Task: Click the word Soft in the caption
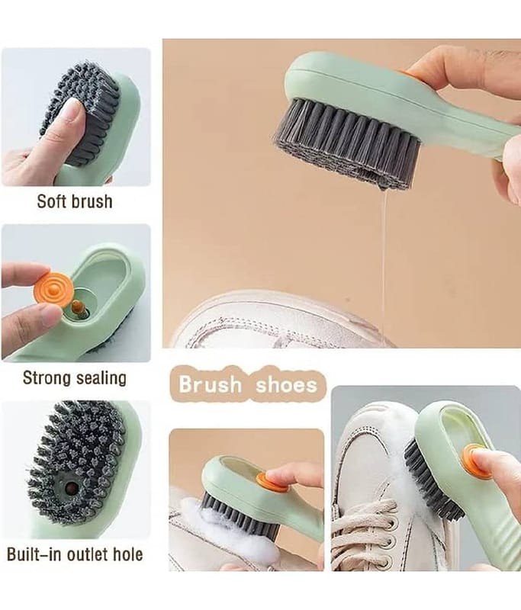pyautogui.click(x=50, y=201)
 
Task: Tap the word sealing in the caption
pyautogui.click(x=101, y=377)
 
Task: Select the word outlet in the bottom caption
pyautogui.click(x=88, y=554)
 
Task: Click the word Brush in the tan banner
pyautogui.click(x=210, y=384)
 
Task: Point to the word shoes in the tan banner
pyautogui.click(x=286, y=384)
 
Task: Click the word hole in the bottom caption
pyautogui.click(x=127, y=554)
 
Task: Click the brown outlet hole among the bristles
pyautogui.click(x=71, y=487)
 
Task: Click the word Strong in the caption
pyautogui.click(x=47, y=377)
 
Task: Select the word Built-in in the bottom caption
pyautogui.click(x=35, y=554)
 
